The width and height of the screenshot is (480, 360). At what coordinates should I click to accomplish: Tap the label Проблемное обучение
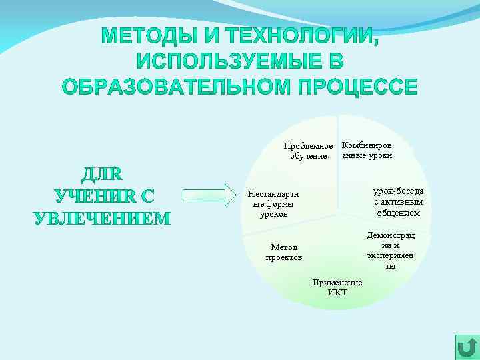pyautogui.click(x=308, y=151)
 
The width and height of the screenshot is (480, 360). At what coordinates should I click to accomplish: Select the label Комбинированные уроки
pyautogui.click(x=367, y=150)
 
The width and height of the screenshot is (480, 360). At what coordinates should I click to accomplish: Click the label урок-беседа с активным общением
pyautogui.click(x=398, y=202)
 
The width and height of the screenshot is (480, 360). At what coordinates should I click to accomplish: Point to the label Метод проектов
pyautogui.click(x=284, y=252)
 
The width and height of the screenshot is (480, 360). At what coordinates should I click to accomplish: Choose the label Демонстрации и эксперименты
pyautogui.click(x=391, y=251)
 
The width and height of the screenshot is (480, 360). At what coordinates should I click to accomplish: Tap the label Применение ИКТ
pyautogui.click(x=337, y=287)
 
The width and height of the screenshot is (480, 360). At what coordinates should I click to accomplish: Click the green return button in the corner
pyautogui.click(x=467, y=347)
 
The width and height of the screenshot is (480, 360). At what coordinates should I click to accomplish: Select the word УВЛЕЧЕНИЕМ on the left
pyautogui.click(x=102, y=218)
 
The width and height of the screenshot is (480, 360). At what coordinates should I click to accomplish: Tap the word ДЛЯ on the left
pyautogui.click(x=101, y=175)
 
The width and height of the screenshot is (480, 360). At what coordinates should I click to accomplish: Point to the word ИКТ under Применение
pyautogui.click(x=337, y=293)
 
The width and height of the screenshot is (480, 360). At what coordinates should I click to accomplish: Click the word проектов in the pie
pyautogui.click(x=284, y=257)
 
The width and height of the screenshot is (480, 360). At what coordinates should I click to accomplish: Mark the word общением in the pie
pyautogui.click(x=398, y=213)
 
